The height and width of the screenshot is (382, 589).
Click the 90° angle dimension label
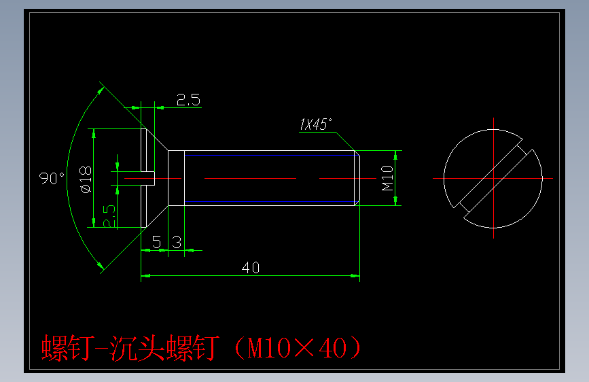[52, 178]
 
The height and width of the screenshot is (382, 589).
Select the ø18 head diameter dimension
[86, 178]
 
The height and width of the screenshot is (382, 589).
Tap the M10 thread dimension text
[387, 177]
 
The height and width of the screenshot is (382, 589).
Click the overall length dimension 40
[251, 268]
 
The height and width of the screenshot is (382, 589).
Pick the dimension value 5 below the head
[156, 242]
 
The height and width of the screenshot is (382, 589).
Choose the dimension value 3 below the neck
[176, 242]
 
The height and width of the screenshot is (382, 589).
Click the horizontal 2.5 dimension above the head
[188, 101]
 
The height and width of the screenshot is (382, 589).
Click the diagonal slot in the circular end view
[494, 179]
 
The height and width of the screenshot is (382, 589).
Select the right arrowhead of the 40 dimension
[355, 276]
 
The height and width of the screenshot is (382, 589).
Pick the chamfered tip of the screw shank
[357, 178]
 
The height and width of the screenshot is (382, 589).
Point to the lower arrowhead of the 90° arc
[102, 266]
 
